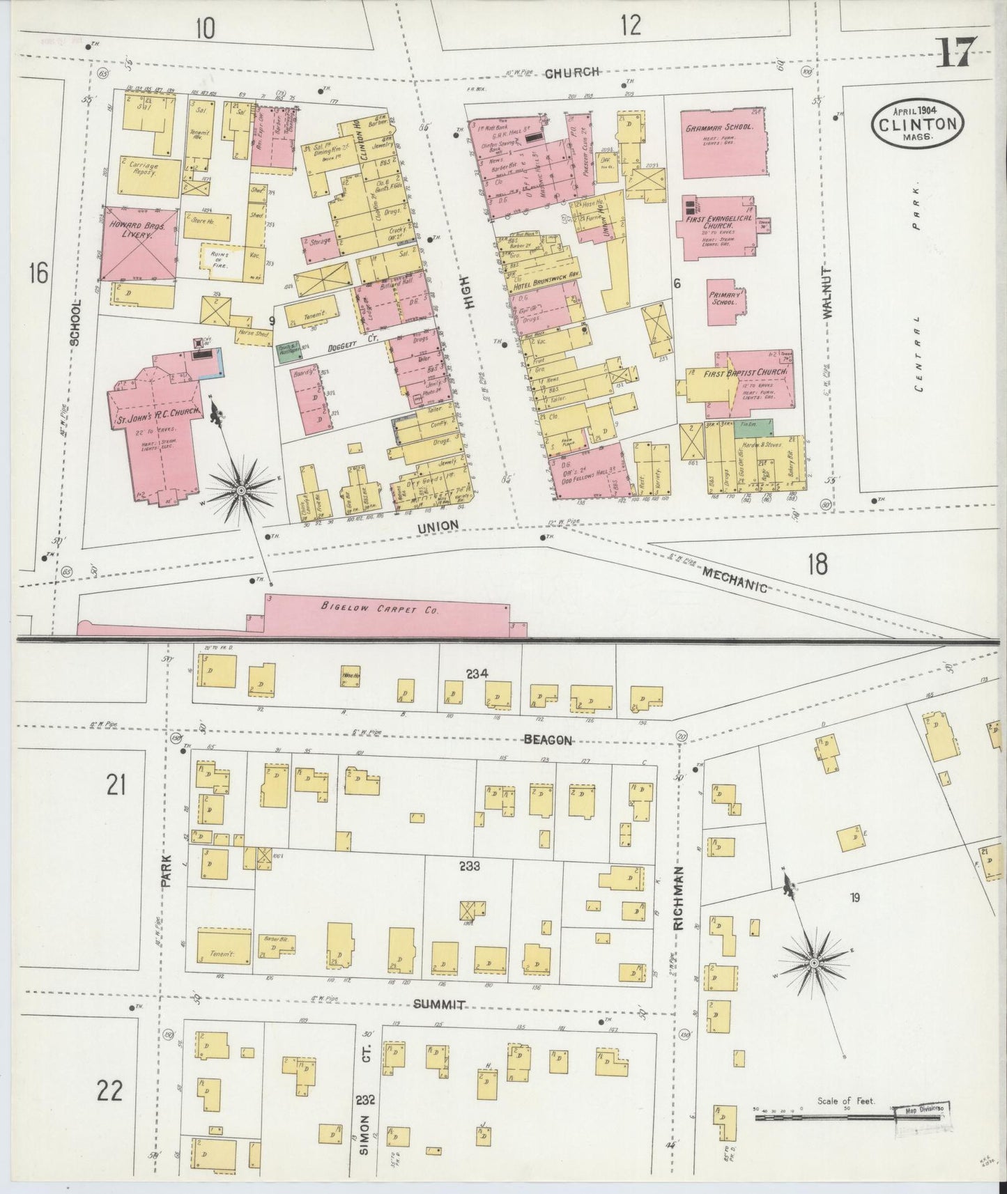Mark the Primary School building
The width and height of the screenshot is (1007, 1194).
pyautogui.click(x=726, y=302)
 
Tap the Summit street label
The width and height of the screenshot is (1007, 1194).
pyautogui.click(x=439, y=1005)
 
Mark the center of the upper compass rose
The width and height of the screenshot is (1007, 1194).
pyautogui.click(x=241, y=491)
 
